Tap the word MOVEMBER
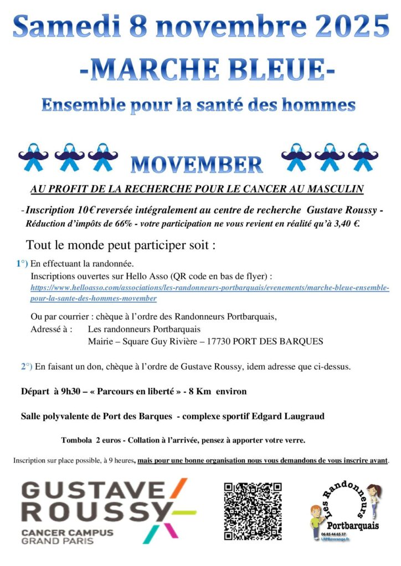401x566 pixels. coord(197,164)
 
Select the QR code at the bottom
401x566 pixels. coord(253,511)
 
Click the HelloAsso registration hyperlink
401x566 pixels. coord(209,294)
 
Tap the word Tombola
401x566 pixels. coord(76,441)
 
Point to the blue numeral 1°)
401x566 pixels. coord(22,264)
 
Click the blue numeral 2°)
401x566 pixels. coord(27,366)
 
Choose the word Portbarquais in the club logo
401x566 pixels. coord(353,525)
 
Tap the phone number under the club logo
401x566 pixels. coord(333,534)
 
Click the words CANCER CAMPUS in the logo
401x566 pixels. coord(67,532)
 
